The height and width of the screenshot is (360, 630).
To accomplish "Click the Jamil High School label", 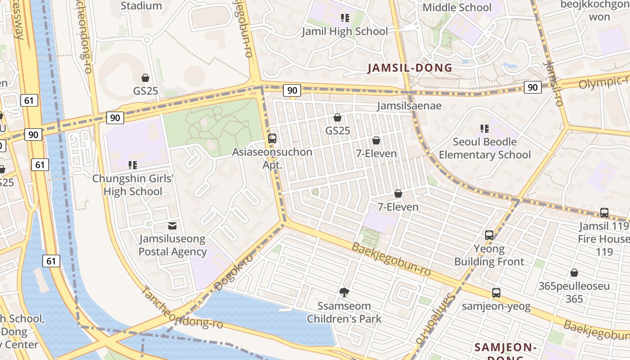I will pos(344,31).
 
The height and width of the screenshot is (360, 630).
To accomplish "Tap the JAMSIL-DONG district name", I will pos(410,68).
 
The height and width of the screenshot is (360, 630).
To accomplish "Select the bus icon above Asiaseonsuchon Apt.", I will pos(272,138).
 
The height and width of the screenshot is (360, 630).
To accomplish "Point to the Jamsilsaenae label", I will pos(409,106).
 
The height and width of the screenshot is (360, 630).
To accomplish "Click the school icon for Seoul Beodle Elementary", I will pos(484,129).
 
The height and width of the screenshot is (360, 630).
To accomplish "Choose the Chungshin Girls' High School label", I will pos(133,185).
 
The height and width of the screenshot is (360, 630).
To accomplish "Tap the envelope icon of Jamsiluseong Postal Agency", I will pos(172,225).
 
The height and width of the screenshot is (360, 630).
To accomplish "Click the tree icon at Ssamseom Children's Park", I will pos(344,292).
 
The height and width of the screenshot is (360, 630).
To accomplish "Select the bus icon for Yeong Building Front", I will pos(489,235).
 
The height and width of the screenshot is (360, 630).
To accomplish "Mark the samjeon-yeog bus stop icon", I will pos(496,293).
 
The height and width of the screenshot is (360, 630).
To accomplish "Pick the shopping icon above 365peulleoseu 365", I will pos(574,273).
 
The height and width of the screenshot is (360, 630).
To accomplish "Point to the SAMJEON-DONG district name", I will pos(505,347).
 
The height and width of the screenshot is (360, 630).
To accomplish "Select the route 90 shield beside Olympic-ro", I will pos(532,87).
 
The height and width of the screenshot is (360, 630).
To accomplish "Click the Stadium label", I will pos(141,6).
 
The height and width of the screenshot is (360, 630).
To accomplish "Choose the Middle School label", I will pos(457,7).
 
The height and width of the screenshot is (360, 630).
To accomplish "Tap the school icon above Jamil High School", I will pos(345,18).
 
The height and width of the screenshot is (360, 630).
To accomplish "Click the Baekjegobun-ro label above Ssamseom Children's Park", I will pos(391,259).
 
